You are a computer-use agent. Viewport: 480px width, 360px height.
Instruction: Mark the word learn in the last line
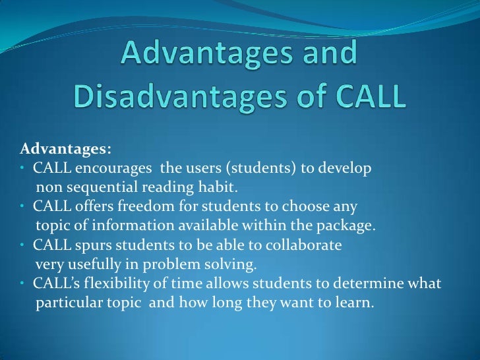click(356, 305)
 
